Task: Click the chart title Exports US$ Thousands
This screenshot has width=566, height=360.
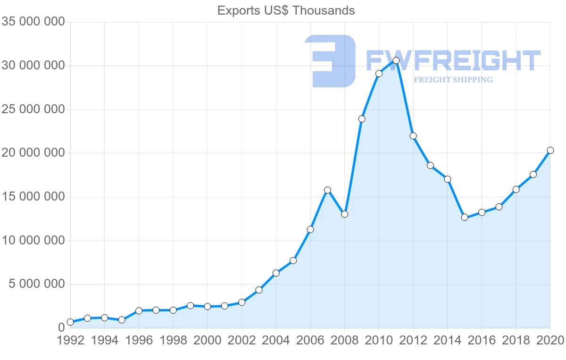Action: point(286,10)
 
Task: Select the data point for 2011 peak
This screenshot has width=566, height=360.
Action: point(396,60)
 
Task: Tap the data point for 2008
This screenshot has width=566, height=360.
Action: point(344,214)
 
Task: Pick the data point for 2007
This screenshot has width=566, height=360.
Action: point(327,190)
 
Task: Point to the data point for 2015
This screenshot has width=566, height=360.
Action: point(465,217)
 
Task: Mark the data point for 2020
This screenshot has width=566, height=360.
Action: point(550,150)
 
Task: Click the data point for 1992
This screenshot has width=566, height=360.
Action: point(70,322)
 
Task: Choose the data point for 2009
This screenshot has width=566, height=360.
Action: point(362,119)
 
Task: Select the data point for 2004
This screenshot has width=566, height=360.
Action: point(276,273)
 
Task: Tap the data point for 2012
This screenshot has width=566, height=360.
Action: point(413,136)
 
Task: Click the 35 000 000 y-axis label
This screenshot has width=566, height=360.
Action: point(33,22)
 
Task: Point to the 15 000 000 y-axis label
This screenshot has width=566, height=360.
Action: point(33,197)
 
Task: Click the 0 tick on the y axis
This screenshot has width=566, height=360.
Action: point(62,327)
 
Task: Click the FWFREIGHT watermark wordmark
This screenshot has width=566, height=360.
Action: point(453,60)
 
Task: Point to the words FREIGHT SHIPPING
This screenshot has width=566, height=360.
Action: point(453,80)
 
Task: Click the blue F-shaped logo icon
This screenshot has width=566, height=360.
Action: point(330,61)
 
